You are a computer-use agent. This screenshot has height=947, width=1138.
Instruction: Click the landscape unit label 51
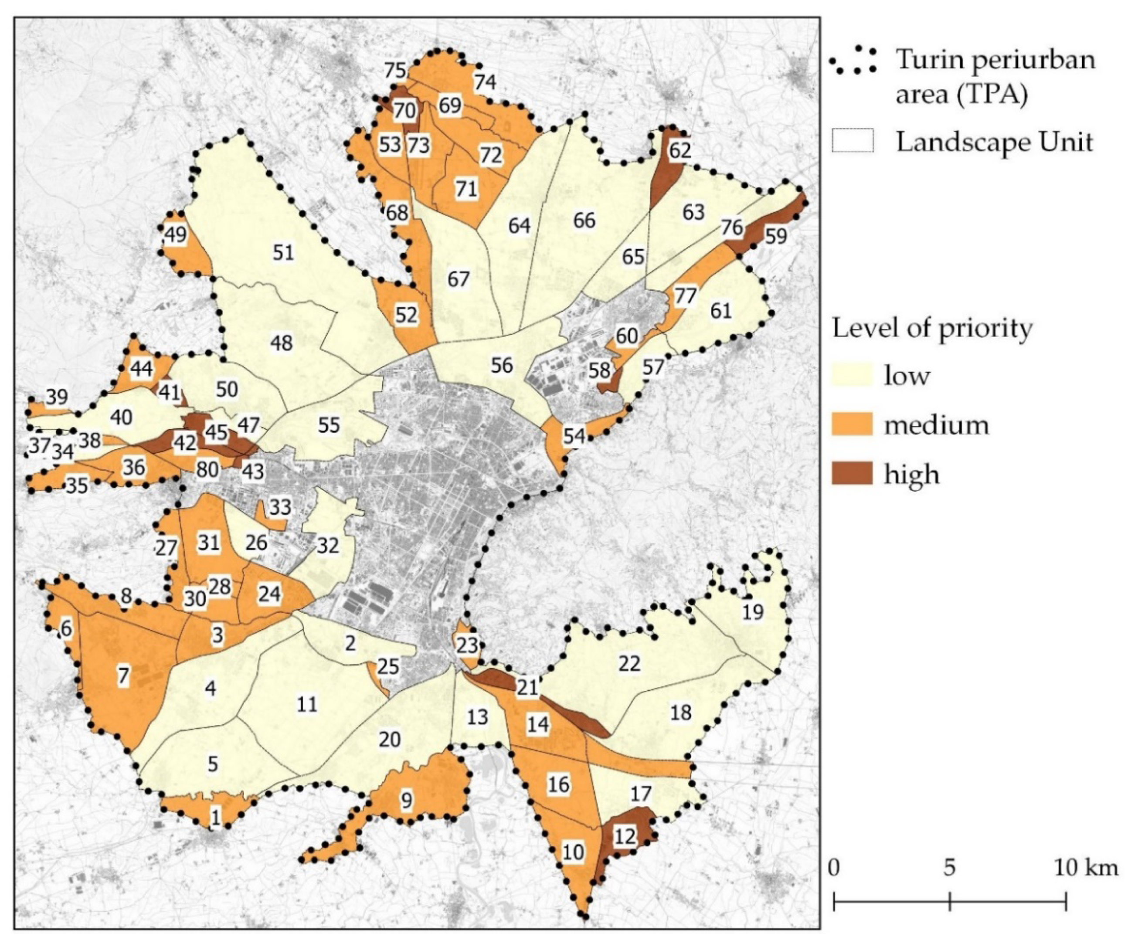[x=283, y=252]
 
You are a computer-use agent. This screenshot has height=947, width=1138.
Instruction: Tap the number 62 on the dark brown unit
[x=679, y=150]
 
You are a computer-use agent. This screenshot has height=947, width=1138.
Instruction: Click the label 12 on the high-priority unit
[x=624, y=836]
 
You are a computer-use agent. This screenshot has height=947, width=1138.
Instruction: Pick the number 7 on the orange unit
[x=123, y=675]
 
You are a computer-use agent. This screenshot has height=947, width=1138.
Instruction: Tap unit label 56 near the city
[x=502, y=365]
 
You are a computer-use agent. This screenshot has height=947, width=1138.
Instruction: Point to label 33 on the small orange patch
[x=280, y=508]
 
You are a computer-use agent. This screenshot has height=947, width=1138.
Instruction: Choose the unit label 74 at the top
[x=485, y=82]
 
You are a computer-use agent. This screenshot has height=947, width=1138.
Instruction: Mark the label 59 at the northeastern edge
[x=775, y=237]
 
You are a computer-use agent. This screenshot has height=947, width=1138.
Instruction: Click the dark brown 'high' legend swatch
[x=852, y=473]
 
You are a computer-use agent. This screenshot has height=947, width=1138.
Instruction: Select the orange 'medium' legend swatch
[x=852, y=424]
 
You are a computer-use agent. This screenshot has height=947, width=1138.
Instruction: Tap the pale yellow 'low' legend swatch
[x=852, y=374]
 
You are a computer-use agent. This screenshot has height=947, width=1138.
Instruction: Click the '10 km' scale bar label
[x=1085, y=868]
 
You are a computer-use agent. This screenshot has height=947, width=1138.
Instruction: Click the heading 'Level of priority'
[x=932, y=328]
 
